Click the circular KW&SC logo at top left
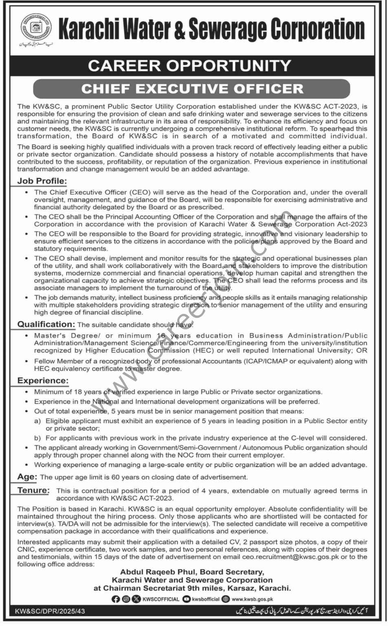pos(36,27)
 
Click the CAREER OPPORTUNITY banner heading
pos(190,66)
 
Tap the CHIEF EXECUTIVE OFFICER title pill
pos(192,89)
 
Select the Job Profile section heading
pos(42,181)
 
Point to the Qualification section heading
pos(46,324)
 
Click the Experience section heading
pos(42,381)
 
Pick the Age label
pos(27,476)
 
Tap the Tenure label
pos(33,490)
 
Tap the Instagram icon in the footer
pos(126,599)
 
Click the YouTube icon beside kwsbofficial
pos(187,599)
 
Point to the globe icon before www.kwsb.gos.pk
pos(226,599)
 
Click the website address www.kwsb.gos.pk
pos(252,599)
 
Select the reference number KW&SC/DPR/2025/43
pos(50,611)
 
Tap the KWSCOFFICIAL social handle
pos(161,599)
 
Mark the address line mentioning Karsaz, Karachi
pos(192,588)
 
